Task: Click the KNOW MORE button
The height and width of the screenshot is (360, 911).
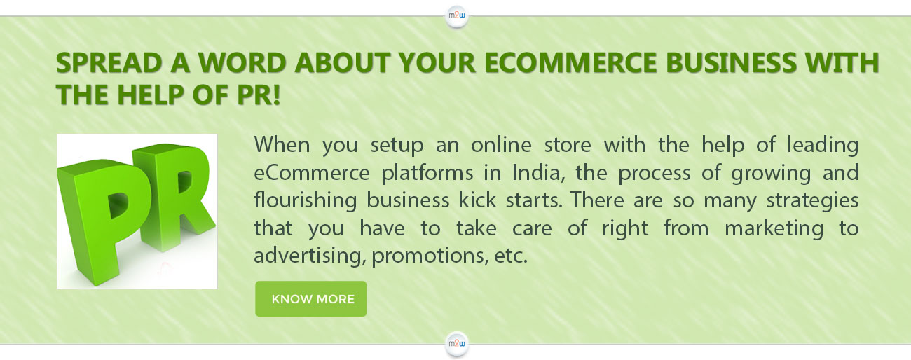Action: (x=310, y=298)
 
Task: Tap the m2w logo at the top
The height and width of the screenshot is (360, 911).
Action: (x=456, y=16)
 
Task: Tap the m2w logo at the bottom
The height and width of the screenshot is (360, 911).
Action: (x=456, y=344)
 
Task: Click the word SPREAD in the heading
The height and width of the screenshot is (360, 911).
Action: (x=109, y=63)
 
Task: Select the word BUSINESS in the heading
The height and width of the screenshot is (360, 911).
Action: (x=730, y=63)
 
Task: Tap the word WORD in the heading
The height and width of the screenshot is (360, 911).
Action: (x=242, y=63)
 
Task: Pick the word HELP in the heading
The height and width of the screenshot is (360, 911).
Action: (x=150, y=95)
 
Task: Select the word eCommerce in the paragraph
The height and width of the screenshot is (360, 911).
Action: (x=312, y=173)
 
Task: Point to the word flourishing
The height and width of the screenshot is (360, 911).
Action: (x=306, y=201)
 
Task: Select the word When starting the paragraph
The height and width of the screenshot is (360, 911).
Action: (x=282, y=145)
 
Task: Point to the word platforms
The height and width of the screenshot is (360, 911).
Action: (x=427, y=173)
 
